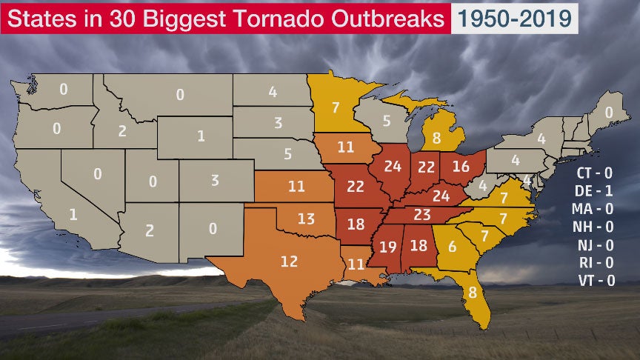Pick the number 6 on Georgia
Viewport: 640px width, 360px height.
(x=451, y=248)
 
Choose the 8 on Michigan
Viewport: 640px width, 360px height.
(x=436, y=137)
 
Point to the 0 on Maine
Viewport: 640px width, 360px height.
(x=609, y=113)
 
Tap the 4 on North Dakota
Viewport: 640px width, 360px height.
(x=273, y=93)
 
